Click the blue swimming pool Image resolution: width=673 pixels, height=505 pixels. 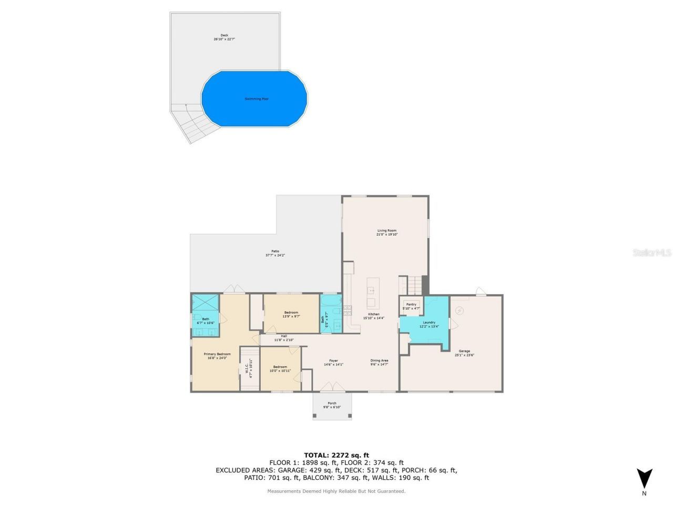coord(254,98)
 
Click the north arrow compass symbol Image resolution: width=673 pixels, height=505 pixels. coord(644,479)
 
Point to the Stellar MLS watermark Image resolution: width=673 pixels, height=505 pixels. coord(652,253)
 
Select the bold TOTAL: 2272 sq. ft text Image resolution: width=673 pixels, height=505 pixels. coord(336,455)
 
